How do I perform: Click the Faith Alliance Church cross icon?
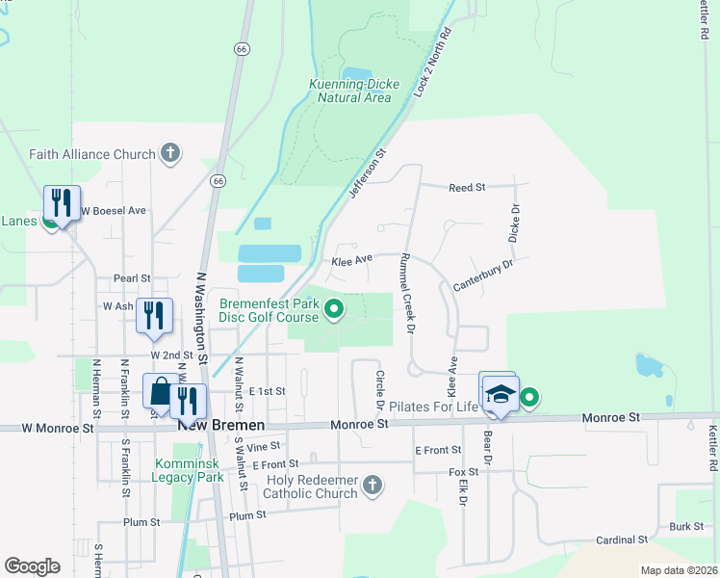170,153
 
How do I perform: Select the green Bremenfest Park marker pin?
334,309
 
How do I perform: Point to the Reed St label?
467,187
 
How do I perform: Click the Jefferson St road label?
367,174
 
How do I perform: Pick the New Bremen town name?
220,425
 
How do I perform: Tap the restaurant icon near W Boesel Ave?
62,203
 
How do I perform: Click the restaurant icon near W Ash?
154,316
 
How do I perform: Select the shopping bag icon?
159,391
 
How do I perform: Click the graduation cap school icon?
501,395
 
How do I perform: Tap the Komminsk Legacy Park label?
189,470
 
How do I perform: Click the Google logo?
32,565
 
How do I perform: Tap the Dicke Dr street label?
514,223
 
